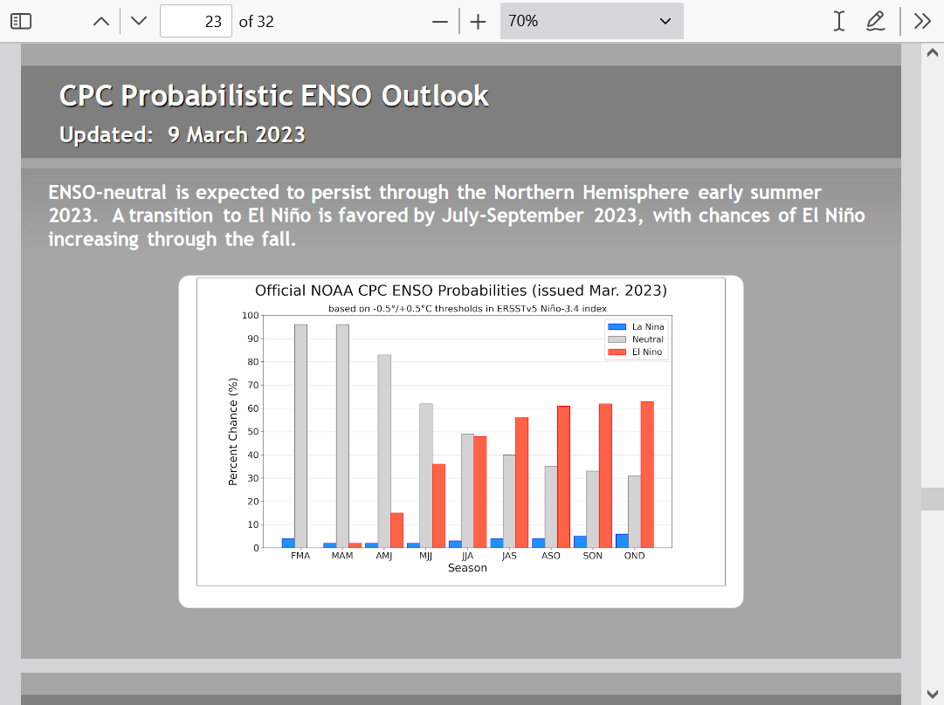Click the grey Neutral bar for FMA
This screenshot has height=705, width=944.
300,436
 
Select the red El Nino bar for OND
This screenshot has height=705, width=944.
647,475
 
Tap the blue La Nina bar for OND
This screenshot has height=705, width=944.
622,541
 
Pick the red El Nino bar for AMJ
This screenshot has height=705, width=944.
396,530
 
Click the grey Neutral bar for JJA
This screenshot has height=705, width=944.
468,491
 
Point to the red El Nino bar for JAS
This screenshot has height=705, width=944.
522,483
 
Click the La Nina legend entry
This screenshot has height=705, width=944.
636,326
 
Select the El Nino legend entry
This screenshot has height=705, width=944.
635,352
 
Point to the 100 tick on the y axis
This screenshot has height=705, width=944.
250,315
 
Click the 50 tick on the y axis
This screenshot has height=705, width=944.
253,431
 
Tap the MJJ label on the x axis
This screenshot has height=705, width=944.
425,556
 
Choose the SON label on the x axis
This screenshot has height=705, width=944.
592,556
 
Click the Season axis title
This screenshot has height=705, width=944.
467,568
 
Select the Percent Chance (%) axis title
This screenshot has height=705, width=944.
233,431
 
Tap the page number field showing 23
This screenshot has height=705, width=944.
196,21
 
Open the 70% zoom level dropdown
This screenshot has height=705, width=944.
592,21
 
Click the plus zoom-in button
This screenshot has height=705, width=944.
478,22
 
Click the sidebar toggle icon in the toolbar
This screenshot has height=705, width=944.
21,21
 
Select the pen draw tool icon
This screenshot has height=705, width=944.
876,21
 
